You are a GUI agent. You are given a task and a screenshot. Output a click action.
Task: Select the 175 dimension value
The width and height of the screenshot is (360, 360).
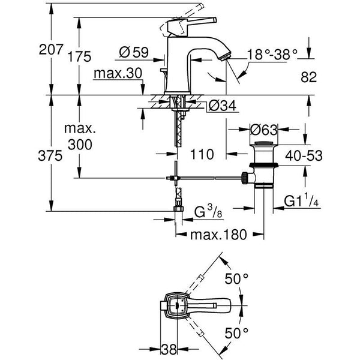click(x=79, y=58)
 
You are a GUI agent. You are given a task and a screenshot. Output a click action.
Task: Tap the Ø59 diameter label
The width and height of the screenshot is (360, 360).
click(x=133, y=52)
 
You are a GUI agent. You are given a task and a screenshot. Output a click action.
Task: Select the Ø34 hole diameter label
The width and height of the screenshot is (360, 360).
click(x=221, y=107)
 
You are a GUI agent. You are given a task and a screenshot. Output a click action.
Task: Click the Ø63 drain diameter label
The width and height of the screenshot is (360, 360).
click(x=263, y=129)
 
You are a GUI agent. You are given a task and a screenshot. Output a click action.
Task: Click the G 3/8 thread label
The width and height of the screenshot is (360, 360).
click(x=209, y=212)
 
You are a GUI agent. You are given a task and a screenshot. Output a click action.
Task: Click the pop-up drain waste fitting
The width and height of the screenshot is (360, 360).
click(x=263, y=162)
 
